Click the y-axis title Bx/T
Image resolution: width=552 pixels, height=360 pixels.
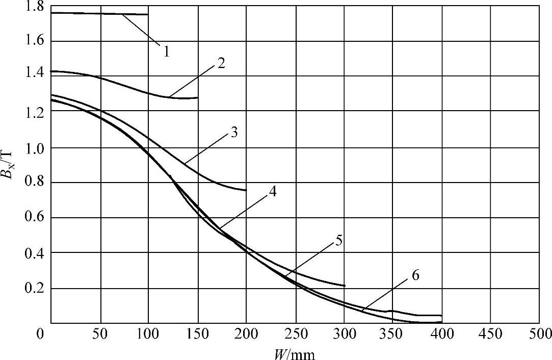coord(11,168)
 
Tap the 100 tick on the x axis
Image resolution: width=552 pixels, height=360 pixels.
coord(148,335)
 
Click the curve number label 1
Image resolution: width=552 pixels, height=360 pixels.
coord(166,51)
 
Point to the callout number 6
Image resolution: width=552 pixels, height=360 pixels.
coord(415,275)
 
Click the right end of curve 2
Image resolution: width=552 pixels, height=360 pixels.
coord(197,97)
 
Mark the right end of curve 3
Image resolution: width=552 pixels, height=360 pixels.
coord(246,190)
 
